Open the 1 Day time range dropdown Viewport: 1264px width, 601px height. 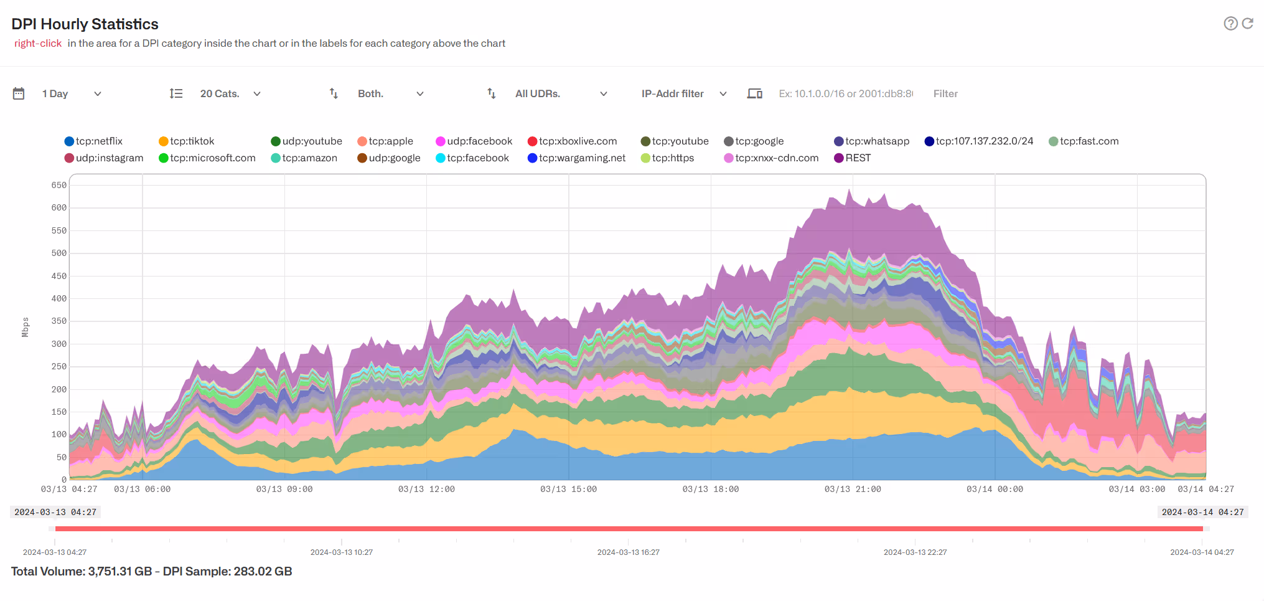coord(71,94)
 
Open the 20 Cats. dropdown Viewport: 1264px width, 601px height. coord(229,94)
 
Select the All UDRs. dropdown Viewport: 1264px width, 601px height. coord(560,94)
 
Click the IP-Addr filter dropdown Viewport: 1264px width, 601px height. coord(683,94)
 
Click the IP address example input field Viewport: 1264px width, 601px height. coord(845,94)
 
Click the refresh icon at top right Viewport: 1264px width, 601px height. coord(1248,24)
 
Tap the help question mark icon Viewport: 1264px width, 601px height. coord(1230,24)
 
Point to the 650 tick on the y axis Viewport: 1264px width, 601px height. coord(59,185)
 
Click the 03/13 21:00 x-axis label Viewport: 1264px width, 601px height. coord(853,490)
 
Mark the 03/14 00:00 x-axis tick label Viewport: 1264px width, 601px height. coord(995,490)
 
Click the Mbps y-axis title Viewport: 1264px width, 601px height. coord(26,327)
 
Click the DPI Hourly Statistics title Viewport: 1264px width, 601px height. coord(85,24)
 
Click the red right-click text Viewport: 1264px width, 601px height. coord(38,44)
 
